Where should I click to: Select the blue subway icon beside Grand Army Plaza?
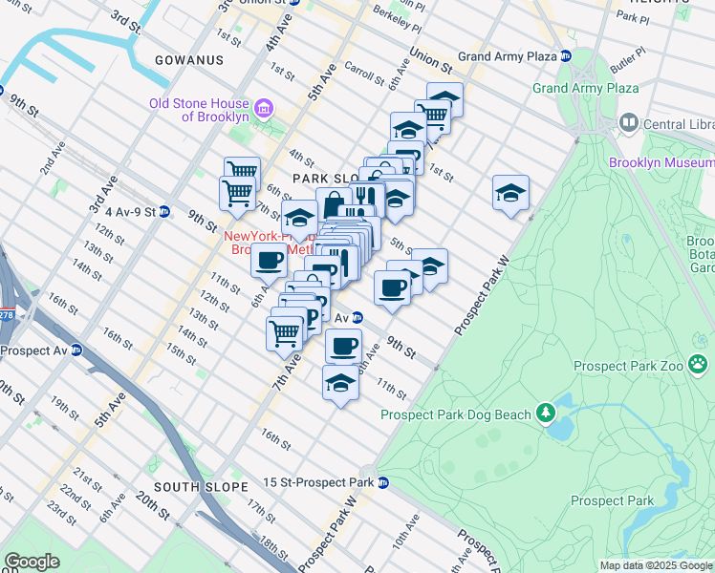point(566,56)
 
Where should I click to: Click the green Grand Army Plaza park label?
point(585,89)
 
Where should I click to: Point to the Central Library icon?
point(629,122)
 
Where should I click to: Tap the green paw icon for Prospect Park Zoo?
point(700,363)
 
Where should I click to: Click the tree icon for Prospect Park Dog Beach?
point(545,413)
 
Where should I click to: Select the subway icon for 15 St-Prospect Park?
point(383,482)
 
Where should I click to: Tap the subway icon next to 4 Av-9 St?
point(163,211)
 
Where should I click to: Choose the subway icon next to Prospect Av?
point(76,350)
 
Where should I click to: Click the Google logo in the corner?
point(32,562)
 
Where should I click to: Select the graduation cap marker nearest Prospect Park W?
point(510,194)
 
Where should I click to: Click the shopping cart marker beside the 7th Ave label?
point(285,333)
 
